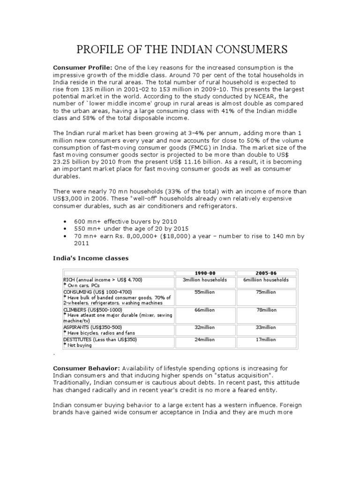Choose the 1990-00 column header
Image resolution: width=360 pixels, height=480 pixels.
click(x=204, y=273)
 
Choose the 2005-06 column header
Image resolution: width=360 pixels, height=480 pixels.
click(x=265, y=273)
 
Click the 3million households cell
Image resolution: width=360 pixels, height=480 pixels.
click(x=204, y=280)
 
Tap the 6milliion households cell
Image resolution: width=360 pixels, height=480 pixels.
click(x=265, y=280)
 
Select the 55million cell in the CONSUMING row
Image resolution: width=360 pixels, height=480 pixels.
click(x=204, y=292)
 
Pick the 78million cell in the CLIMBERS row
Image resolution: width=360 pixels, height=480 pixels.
click(x=265, y=310)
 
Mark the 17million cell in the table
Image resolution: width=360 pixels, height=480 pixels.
click(x=265, y=339)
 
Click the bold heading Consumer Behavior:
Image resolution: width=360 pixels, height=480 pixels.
click(x=87, y=368)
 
